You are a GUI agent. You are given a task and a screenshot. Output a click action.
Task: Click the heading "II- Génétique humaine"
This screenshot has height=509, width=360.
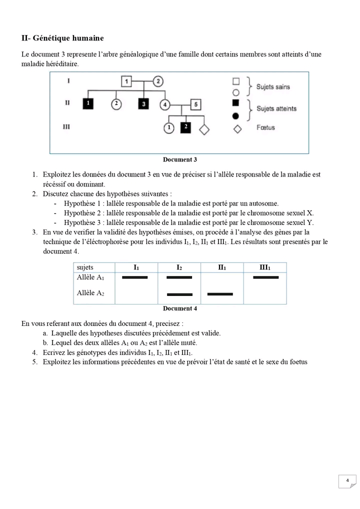tap(62, 38)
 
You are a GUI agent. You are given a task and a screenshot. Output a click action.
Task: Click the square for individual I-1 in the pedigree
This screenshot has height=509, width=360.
tap(127, 81)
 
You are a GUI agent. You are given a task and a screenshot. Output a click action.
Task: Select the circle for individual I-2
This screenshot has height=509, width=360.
tap(158, 81)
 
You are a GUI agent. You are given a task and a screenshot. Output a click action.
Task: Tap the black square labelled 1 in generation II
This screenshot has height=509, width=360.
tap(88, 103)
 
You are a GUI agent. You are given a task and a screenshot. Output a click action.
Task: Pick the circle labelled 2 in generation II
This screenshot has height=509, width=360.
tap(116, 104)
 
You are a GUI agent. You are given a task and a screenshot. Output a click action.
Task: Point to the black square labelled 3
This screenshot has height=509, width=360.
tap(144, 104)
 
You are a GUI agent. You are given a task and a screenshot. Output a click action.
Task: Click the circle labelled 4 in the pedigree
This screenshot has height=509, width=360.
tap(165, 105)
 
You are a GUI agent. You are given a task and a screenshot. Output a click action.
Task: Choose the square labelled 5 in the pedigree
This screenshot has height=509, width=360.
tap(196, 105)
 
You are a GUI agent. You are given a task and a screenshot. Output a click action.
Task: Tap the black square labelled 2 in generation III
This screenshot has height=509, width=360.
tap(185, 127)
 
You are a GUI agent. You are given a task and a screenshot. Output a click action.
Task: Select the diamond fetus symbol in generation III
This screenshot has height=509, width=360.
tap(204, 128)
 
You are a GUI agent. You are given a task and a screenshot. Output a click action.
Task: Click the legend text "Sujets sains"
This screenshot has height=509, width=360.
tap(273, 86)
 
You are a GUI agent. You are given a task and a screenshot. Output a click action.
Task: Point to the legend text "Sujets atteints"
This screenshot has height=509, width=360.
tap(276, 108)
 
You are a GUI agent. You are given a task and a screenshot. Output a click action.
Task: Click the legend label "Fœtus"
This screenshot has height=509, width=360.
tap(265, 128)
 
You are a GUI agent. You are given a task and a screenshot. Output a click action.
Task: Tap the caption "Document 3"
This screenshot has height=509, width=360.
tap(179, 159)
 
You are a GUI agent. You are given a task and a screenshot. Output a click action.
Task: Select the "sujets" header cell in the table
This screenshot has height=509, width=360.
tap(85, 267)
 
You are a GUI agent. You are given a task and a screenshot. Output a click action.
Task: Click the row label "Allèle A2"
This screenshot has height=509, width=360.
tap(90, 293)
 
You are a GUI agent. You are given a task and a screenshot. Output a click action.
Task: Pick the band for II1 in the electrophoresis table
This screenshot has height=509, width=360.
tap(220, 294)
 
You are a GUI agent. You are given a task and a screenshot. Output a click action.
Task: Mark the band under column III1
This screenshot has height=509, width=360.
tap(266, 277)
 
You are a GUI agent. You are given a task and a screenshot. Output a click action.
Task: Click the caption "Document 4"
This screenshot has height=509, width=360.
tap(179, 308)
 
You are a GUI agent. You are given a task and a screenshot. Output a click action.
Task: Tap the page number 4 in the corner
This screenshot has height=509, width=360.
tap(347, 480)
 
